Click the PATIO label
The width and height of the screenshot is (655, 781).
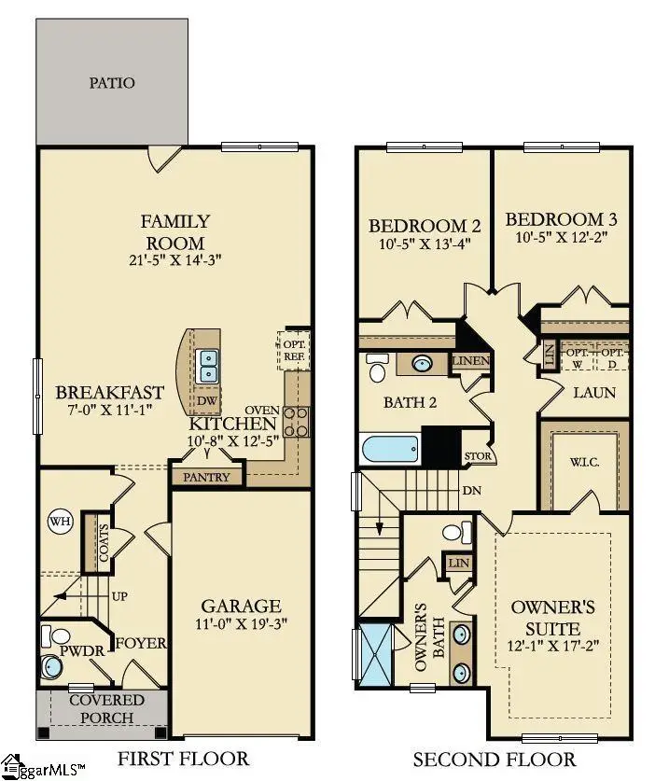(x=112, y=83)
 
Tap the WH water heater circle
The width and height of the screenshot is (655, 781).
(x=60, y=521)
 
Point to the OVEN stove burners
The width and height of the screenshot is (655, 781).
(x=296, y=422)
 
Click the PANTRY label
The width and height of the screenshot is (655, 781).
(x=206, y=476)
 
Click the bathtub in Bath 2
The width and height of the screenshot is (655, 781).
(x=391, y=451)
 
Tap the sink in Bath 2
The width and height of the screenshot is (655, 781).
(x=422, y=364)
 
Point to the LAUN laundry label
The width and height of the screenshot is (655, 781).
(x=594, y=393)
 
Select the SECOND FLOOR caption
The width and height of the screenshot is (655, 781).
(x=494, y=759)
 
